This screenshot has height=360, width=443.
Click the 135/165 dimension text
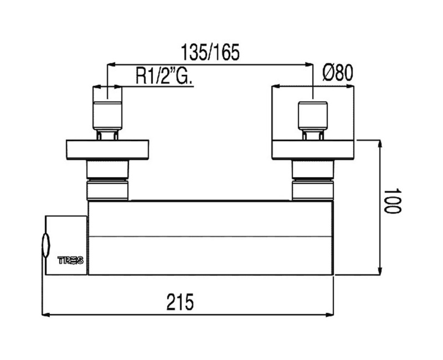[210, 52]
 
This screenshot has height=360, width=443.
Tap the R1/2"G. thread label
[164, 75]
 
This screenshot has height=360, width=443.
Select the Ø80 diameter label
[338, 73]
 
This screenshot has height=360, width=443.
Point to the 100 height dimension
[393, 201]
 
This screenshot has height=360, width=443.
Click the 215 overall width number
[181, 302]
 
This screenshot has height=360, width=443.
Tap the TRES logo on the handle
[71, 260]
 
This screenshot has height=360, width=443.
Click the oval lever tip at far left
[45, 245]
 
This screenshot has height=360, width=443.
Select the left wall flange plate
[107, 150]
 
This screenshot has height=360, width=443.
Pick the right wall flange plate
[313, 149]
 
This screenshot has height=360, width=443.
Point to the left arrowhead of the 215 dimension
[46, 314]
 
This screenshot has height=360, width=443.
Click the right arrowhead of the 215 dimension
[329, 314]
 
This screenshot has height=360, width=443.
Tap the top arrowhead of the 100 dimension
[380, 144]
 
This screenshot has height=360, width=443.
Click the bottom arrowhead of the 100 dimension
[380, 270]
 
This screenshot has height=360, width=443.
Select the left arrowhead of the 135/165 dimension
[111, 65]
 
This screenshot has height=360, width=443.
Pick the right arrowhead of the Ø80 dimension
[350, 86]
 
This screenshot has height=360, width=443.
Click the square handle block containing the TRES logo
[66, 245]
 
